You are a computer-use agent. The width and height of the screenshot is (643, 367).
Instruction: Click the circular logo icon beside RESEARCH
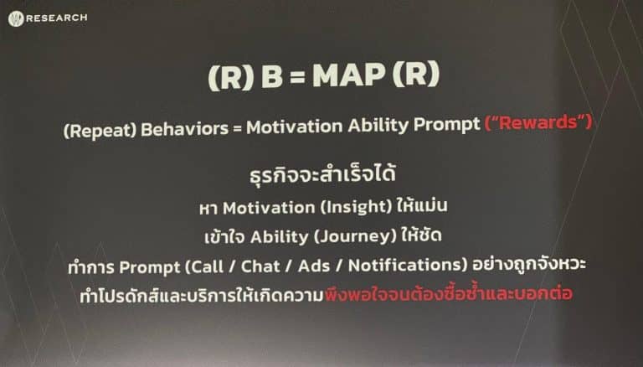click(16, 19)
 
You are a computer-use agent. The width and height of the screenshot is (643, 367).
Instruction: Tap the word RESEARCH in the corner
click(57, 18)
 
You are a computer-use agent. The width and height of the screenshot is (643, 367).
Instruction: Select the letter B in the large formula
click(272, 76)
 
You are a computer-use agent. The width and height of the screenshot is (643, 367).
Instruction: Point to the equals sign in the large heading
click(297, 77)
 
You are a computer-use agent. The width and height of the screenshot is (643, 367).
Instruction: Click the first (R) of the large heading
click(231, 78)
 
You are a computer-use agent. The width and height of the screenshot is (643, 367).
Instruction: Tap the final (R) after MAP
click(416, 74)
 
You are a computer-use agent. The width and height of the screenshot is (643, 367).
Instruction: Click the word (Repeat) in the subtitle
click(100, 130)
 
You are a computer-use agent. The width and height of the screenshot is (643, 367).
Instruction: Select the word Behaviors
click(184, 128)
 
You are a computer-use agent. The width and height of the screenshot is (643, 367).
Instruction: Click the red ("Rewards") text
click(538, 122)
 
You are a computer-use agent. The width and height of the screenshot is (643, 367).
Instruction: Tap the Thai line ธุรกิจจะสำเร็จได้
click(322, 173)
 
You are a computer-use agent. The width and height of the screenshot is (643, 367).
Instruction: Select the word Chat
click(260, 266)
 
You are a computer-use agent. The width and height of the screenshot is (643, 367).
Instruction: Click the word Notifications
click(408, 265)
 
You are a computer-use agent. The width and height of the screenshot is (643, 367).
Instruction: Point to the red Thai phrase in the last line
click(449, 292)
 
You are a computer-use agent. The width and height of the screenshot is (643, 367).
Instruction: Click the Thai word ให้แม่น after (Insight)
click(422, 205)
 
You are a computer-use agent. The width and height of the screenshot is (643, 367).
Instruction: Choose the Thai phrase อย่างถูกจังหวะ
click(529, 263)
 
